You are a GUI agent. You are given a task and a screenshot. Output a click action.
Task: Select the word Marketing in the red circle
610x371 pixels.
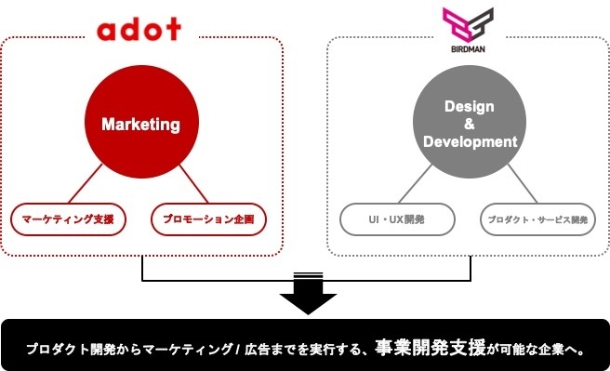[x=140, y=124]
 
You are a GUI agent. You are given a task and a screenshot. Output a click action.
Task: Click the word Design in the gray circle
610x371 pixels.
[x=470, y=106]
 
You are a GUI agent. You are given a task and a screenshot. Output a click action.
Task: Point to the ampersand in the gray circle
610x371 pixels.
[x=470, y=124]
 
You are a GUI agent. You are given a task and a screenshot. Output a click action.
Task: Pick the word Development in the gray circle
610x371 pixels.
[x=470, y=142]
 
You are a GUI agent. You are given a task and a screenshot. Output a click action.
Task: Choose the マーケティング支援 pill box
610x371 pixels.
[x=68, y=219]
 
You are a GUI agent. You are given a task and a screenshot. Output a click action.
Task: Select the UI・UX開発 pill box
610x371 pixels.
[x=397, y=219]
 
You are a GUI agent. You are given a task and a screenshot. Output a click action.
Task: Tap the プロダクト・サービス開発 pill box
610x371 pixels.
[x=537, y=219]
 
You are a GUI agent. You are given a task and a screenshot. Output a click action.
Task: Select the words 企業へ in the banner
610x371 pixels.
[x=564, y=351]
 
